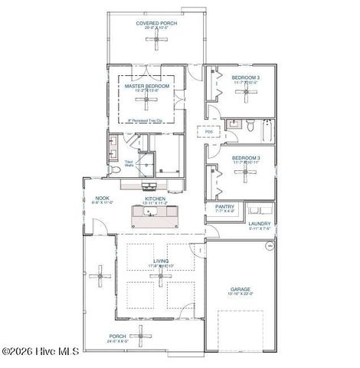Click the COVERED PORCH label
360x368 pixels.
pyautogui.click(x=157, y=23)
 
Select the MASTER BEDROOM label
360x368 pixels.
pyautogui.click(x=147, y=87)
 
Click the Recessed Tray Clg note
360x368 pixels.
pyautogui.click(x=150, y=120)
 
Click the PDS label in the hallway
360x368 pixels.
pyautogui.click(x=208, y=132)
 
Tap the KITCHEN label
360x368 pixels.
pyautogui.click(x=155, y=199)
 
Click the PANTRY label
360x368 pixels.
pyautogui.click(x=224, y=206)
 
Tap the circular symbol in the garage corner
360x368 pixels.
pyautogui.click(x=269, y=246)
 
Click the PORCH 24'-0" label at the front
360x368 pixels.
pyautogui.click(x=117, y=337)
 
